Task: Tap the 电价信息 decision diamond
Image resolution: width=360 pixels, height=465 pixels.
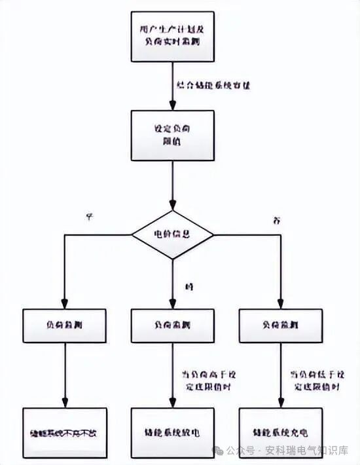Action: (172, 234)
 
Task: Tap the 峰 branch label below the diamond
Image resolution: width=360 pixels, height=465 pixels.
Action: (190, 286)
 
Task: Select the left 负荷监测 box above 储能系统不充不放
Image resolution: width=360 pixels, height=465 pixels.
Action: (64, 325)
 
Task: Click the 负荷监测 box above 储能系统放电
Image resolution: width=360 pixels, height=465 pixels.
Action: (172, 325)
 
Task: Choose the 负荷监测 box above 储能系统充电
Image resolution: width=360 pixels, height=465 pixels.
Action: (280, 325)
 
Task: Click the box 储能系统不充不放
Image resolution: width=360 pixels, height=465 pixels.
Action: (64, 433)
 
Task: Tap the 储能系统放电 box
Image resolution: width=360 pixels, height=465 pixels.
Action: (172, 433)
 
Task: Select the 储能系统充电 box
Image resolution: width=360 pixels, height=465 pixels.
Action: (280, 433)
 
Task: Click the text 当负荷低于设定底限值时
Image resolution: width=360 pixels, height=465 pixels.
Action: (317, 381)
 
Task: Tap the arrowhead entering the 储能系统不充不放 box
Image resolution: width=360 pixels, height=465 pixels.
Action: (64, 405)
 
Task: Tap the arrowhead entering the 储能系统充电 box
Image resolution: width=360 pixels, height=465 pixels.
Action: (280, 405)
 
